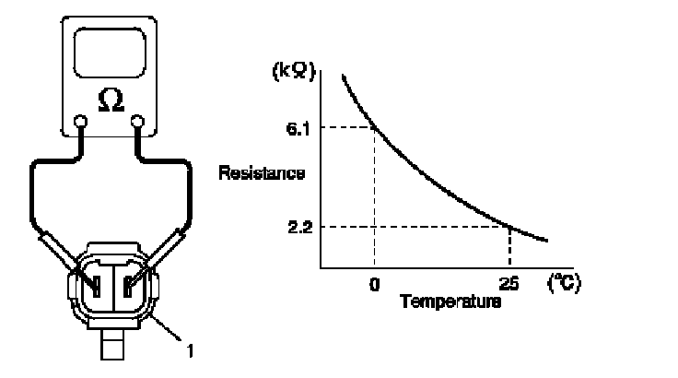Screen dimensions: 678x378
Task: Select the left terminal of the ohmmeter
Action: click(81, 120)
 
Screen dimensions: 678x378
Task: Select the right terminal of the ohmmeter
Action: click(139, 120)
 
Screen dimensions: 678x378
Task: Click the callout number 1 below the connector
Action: click(191, 349)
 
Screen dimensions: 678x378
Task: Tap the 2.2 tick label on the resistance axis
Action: click(297, 226)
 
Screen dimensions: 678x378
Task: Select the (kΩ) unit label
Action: click(297, 69)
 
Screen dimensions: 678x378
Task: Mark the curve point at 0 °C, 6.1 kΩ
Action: click(374, 126)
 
